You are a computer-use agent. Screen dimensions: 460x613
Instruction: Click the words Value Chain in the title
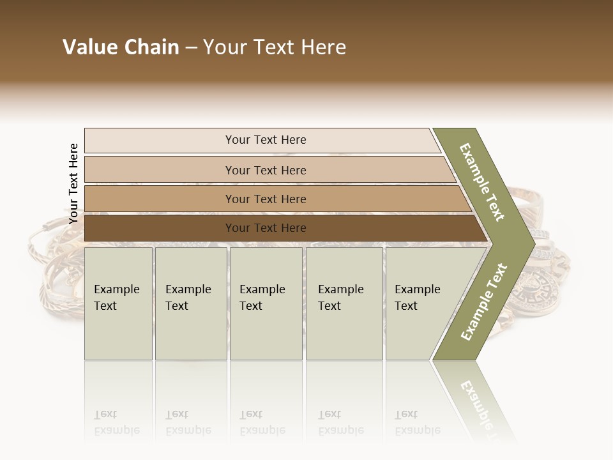121,47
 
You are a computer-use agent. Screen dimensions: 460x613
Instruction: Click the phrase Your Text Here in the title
275,47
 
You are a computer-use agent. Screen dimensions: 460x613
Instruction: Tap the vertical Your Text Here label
73,183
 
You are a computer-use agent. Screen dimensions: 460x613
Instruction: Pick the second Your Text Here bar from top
265,170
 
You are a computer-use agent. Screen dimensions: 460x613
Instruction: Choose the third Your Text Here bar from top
265,199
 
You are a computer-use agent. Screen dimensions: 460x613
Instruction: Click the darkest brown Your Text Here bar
265,228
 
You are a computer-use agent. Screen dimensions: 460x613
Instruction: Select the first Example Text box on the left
118,303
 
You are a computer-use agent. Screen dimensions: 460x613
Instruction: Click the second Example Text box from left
190,303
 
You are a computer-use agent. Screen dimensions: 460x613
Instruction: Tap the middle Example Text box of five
266,303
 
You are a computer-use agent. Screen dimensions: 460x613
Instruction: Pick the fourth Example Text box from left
344,303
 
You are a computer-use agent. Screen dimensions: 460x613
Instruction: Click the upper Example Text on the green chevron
482,182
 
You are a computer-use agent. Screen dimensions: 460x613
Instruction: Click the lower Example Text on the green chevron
484,302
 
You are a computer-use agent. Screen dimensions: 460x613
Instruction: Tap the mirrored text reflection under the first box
116,422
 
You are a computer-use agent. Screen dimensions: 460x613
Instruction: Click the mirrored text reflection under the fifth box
417,422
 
